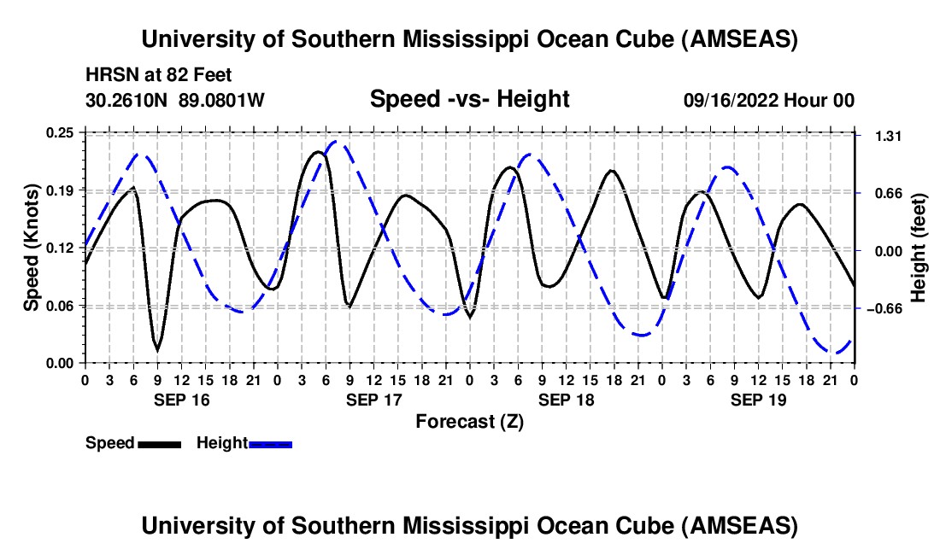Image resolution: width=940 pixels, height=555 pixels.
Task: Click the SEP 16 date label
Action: click(x=180, y=400)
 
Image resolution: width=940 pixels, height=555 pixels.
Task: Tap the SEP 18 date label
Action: click(x=565, y=400)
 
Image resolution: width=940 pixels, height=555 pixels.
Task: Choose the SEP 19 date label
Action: click(x=757, y=400)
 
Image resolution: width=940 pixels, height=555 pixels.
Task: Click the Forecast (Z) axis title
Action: click(x=469, y=421)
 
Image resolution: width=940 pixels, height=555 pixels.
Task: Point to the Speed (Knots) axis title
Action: click(x=31, y=248)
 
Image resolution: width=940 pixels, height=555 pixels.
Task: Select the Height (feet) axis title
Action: click(x=919, y=248)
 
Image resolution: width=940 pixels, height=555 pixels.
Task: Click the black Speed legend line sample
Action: click(x=159, y=444)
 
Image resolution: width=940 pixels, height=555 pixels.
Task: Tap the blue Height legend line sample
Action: click(x=270, y=444)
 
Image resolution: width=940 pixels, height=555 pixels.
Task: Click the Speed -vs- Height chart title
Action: click(x=469, y=100)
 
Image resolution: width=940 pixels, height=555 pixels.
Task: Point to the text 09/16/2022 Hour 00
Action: click(x=769, y=101)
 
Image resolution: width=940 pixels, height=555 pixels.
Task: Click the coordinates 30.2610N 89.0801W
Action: click(x=175, y=101)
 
